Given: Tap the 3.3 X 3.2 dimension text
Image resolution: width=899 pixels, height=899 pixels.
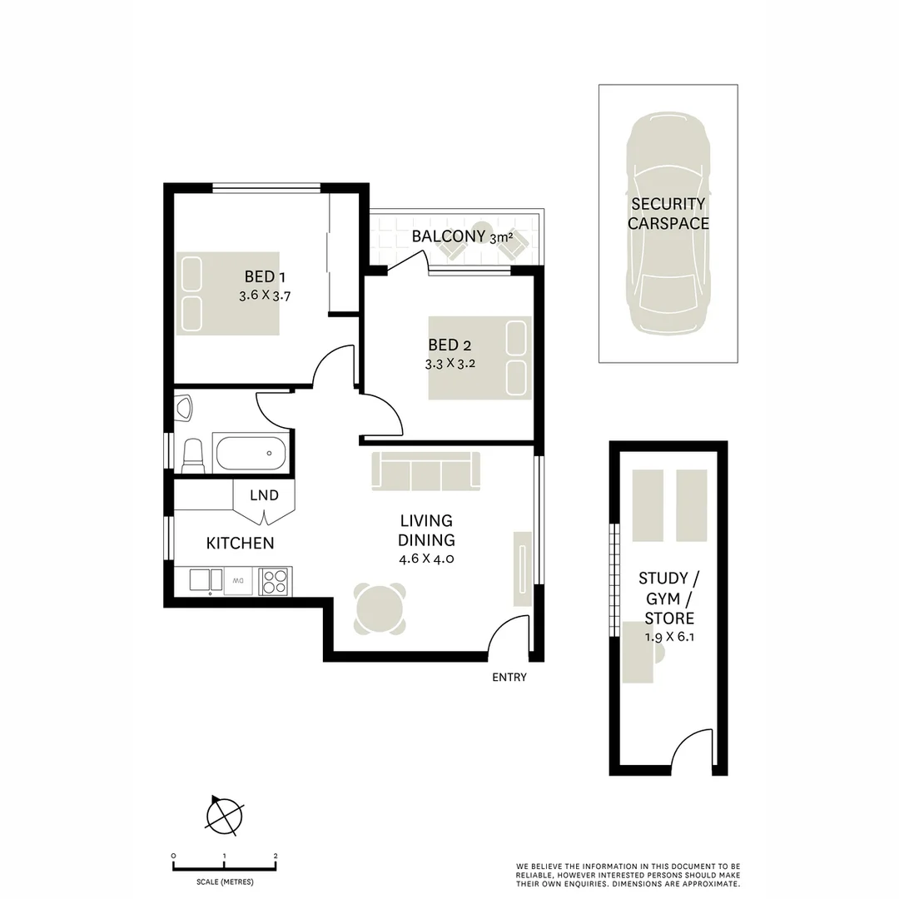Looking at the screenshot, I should [x=449, y=364].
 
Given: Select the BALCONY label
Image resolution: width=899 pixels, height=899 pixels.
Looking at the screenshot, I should [x=448, y=236].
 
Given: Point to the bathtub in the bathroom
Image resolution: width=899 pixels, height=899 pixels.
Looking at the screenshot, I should [x=250, y=453].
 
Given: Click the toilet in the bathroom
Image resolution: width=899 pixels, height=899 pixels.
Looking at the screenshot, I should [x=192, y=453].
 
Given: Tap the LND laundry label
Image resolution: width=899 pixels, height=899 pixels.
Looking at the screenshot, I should [x=264, y=495].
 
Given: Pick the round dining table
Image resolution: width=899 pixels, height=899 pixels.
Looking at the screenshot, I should [x=380, y=608].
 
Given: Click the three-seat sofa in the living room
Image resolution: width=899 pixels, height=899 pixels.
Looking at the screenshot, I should [x=426, y=471].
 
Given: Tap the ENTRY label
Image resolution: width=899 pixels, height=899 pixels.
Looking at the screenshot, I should [x=509, y=678].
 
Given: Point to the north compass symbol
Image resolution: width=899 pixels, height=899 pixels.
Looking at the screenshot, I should [x=224, y=816].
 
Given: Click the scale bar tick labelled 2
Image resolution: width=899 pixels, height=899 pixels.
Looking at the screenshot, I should [x=276, y=857].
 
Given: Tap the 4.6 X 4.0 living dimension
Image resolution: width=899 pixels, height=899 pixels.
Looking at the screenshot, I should [x=425, y=559].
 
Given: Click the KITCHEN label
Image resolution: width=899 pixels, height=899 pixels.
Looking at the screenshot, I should [x=240, y=544].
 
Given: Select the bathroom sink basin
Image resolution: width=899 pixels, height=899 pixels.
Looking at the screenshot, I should [x=184, y=408].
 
